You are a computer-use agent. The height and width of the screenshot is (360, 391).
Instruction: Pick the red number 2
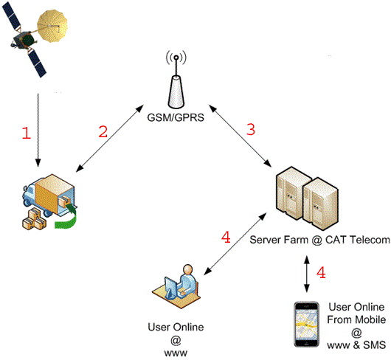(104, 132)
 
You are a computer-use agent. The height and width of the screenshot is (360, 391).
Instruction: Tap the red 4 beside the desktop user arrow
(226, 237)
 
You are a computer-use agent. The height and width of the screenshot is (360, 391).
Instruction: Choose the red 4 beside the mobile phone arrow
(320, 273)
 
